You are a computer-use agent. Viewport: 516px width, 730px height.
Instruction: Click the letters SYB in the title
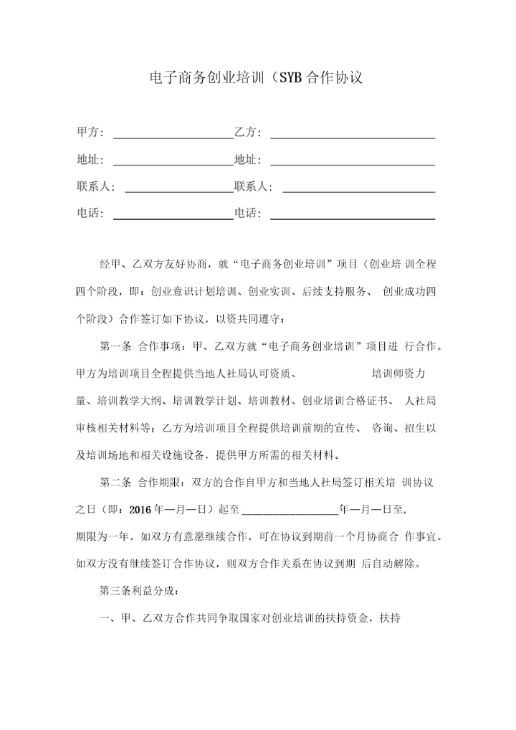290,77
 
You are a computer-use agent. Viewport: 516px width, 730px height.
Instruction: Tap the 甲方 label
90,133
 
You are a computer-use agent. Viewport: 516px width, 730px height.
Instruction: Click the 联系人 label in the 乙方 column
253,187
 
